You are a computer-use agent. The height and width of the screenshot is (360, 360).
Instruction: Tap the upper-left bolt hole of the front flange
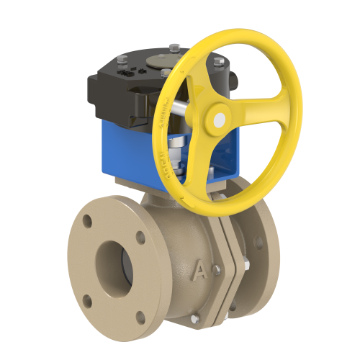point(86,221)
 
